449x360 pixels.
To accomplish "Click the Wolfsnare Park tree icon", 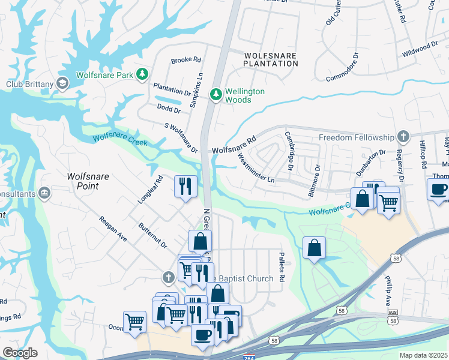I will click(142, 74).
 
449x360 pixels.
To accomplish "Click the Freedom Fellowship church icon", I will click(404, 137).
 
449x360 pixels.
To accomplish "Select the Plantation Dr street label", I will click(171, 89).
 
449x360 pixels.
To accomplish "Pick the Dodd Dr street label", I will click(169, 109).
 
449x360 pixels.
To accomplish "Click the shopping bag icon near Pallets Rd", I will click(315, 247).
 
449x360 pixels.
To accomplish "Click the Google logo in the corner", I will click(20, 353).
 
